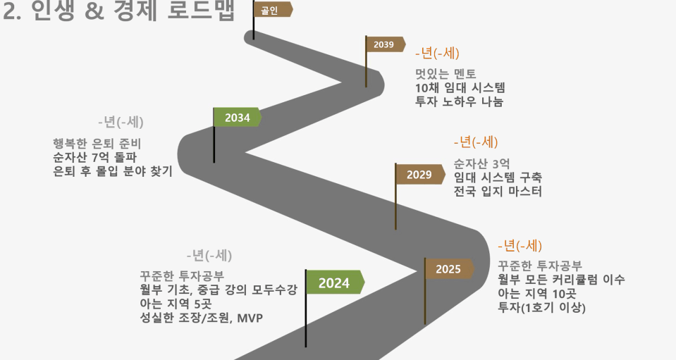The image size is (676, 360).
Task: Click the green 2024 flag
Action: [x=335, y=283]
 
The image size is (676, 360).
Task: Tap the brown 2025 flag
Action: [x=449, y=269]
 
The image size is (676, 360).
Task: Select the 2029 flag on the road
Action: [x=419, y=175]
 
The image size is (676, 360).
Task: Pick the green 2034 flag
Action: [x=237, y=118]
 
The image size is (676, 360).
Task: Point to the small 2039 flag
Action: [x=385, y=45]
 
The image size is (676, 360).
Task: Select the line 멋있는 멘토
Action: [x=445, y=74]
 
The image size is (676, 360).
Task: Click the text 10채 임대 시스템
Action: [x=460, y=88]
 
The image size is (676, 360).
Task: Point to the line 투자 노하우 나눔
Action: [x=459, y=101]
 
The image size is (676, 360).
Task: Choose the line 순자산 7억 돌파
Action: [x=95, y=157]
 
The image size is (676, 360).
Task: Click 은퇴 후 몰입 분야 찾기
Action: [x=113, y=171]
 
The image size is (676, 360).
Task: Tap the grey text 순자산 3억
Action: [x=481, y=163]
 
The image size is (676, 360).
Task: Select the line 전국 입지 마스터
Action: [x=498, y=191]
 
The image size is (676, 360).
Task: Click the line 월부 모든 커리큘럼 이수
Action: [x=561, y=280]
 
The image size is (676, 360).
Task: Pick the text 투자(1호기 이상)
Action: [x=541, y=307]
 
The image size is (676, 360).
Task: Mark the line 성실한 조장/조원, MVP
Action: [x=202, y=318]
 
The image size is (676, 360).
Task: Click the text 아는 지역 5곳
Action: [x=176, y=304]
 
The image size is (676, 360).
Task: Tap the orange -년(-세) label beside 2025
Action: [x=520, y=246]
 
